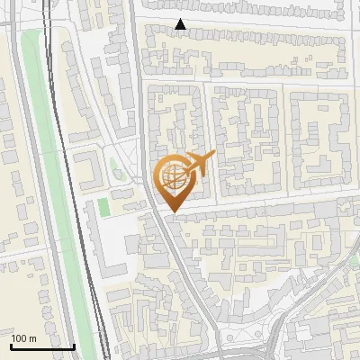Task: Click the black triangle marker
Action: click(181, 25)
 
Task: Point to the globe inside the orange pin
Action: click(171, 174)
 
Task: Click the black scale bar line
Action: click(41, 346)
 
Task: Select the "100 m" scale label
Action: click(23, 337)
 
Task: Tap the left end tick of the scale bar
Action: click(11, 345)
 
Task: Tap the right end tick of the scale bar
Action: click(74, 345)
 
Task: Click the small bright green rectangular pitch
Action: click(103, 206)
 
